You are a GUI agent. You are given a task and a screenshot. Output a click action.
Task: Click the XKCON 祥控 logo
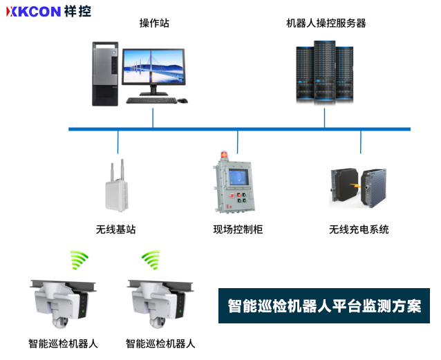pyautogui.click(x=48, y=12)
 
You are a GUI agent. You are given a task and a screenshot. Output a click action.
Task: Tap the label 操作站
pyautogui.click(x=153, y=23)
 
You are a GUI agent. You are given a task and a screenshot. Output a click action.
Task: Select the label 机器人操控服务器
pyautogui.click(x=326, y=23)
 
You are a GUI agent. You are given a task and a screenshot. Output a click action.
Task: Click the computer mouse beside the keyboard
pyautogui.click(x=182, y=101)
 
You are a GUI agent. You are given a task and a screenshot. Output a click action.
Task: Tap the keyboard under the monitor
pyautogui.click(x=150, y=100)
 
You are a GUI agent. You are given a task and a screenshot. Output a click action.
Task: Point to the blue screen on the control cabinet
pyautogui.click(x=238, y=176)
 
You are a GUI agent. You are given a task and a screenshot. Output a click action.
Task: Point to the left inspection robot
pyautogui.click(x=62, y=304)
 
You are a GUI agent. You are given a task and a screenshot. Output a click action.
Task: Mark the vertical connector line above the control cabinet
pyautogui.click(x=238, y=142)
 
